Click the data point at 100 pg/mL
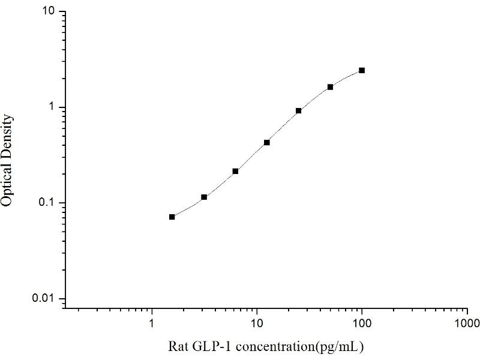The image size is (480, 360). [362, 70]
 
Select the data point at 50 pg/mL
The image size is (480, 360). [330, 87]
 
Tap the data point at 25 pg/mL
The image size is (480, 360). [298, 110]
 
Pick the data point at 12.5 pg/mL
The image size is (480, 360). [266, 142]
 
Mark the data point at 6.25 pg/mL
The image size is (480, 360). [235, 171]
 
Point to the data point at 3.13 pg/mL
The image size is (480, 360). [204, 197]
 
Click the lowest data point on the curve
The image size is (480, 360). [172, 217]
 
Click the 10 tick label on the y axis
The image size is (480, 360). [50, 12]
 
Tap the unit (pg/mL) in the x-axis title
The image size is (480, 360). [342, 347]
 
